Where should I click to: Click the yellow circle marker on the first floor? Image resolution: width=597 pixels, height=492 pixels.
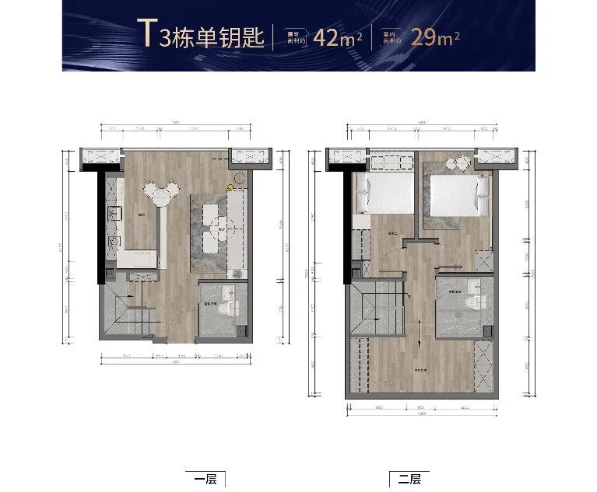[x=229, y=187]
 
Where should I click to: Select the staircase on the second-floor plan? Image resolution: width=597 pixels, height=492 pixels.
[x=377, y=307]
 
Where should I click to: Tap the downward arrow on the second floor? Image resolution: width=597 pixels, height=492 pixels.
[x=420, y=337]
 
